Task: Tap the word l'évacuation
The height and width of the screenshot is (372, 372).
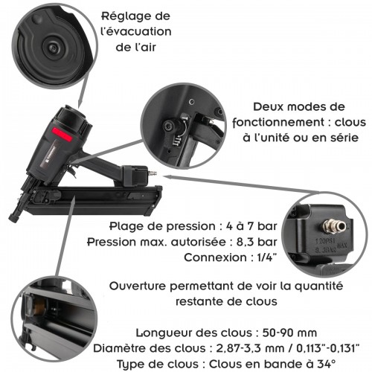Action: [x=138, y=32]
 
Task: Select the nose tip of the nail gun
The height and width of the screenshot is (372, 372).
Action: [x=13, y=217]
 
